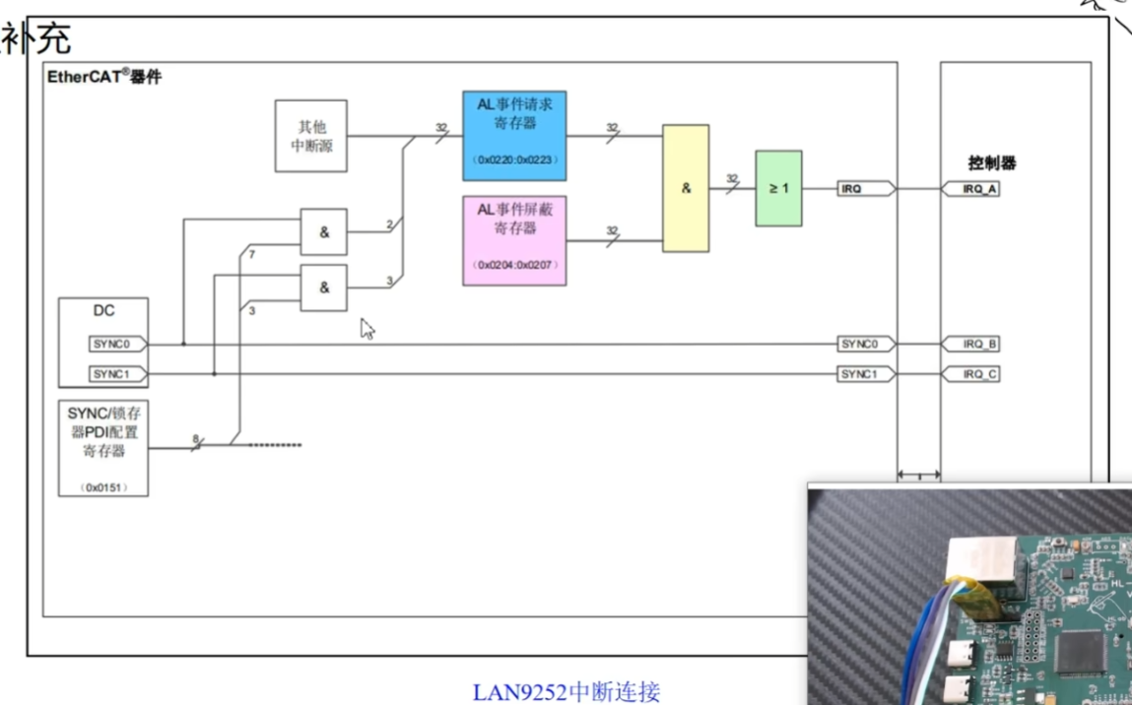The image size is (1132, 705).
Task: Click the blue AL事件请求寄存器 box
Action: point(514,136)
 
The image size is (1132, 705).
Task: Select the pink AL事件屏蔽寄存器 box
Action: point(514,240)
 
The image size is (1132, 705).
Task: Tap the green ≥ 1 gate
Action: point(778,188)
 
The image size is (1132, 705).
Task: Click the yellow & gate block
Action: point(686,188)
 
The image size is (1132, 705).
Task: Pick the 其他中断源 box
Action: point(310,136)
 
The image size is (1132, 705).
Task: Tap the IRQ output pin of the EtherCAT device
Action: point(865,188)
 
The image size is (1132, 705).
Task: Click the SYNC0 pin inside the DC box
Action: point(117,344)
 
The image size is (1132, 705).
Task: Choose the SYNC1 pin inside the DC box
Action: point(117,374)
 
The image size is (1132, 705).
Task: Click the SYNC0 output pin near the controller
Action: point(865,344)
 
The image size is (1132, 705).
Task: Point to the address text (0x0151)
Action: point(103,487)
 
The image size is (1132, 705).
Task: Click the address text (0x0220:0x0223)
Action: point(514,159)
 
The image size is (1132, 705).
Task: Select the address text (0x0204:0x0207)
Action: point(514,266)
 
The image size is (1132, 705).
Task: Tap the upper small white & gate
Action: point(323,232)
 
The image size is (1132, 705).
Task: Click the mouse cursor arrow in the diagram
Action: point(366,327)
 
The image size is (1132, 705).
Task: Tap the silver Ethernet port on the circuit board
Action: point(979,566)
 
